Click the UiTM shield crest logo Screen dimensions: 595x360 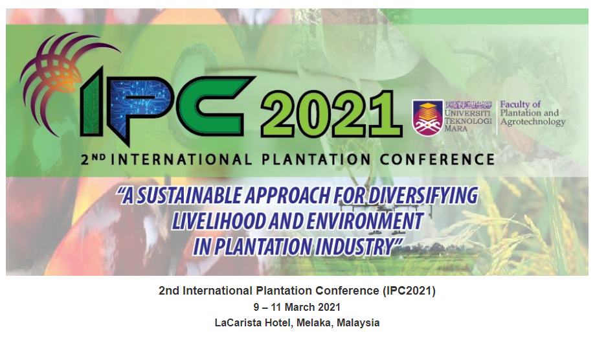point(428,117)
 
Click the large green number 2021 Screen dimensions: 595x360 point(331,113)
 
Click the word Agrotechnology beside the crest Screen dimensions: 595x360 point(533,122)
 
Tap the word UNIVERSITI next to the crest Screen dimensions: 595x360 point(467,113)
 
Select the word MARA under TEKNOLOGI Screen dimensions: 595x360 point(456,129)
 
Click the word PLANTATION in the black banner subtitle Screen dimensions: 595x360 point(316,159)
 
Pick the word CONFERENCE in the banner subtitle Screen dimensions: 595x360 point(437,159)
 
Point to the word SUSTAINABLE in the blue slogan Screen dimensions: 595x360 point(188,196)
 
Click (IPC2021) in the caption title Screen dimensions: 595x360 point(409,291)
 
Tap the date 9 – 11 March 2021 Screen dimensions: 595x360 point(297,307)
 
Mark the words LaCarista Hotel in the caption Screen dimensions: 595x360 point(254,323)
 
